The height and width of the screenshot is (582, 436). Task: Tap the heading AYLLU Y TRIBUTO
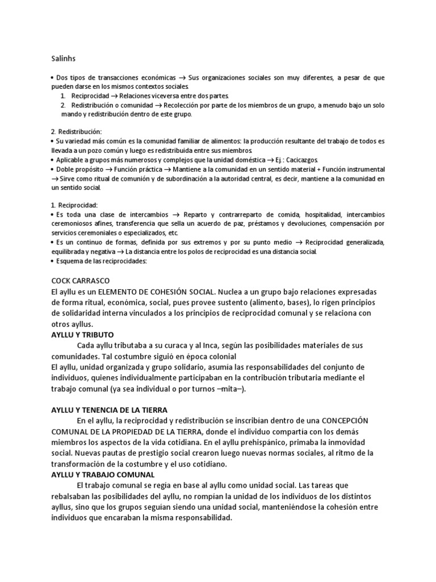click(x=82, y=335)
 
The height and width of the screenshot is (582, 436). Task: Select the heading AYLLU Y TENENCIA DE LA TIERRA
click(x=110, y=410)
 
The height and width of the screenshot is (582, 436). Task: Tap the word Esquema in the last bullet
click(x=70, y=261)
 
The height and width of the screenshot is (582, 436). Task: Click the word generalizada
click(x=359, y=242)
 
